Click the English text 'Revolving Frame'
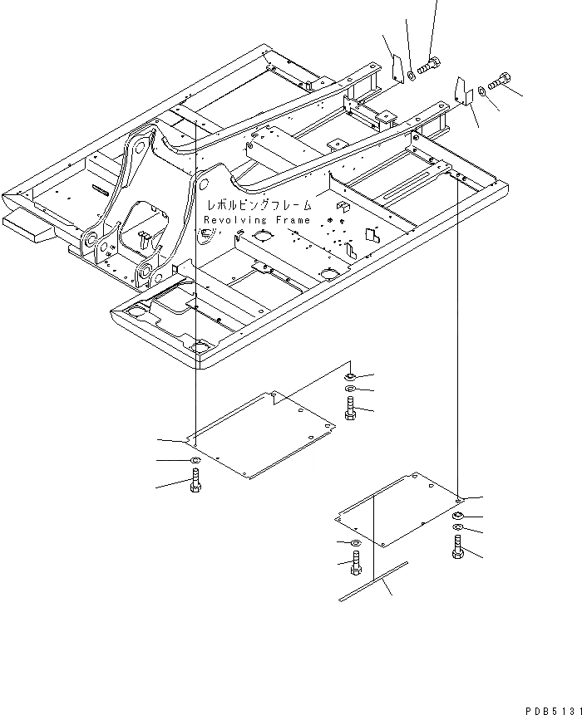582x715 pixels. coord(257,220)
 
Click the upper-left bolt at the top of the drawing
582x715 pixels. coord(430,64)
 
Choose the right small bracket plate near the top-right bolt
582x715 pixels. coord(461,89)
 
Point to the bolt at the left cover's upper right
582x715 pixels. coord(350,408)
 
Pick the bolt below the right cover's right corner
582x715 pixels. coord(459,549)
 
